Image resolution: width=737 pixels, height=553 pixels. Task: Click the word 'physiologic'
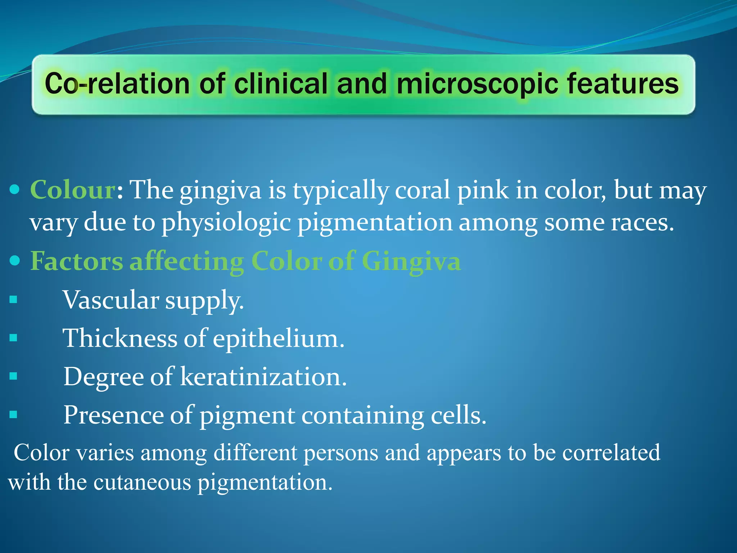coord(226,222)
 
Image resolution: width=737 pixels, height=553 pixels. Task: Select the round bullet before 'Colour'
coord(14,189)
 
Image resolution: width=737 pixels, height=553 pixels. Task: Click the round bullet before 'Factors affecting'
coord(14,260)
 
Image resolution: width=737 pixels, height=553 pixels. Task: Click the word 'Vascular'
coord(111,300)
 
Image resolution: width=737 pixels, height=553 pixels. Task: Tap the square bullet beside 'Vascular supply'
coord(13,300)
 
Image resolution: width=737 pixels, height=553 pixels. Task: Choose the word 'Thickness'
coord(120,338)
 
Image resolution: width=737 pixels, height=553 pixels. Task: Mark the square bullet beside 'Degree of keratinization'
coord(13,376)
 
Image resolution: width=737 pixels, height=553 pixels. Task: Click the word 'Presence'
coord(113,415)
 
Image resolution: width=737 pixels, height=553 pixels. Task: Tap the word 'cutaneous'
coord(142,482)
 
